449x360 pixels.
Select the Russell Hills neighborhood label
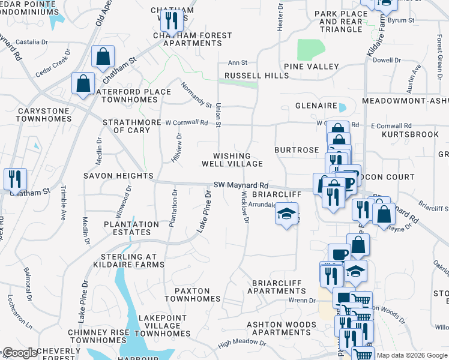tap(256, 76)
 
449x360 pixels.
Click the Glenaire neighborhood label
tap(316, 106)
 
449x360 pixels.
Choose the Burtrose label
tap(297, 150)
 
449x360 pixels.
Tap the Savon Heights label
tap(118, 176)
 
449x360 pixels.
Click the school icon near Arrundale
tap(287, 212)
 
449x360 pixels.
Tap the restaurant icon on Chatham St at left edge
tap(14, 178)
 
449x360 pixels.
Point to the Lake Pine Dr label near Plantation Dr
tap(205, 211)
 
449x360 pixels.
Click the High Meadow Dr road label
tap(243, 342)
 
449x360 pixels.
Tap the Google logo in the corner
tap(20, 353)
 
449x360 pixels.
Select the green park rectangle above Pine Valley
tap(311, 49)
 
